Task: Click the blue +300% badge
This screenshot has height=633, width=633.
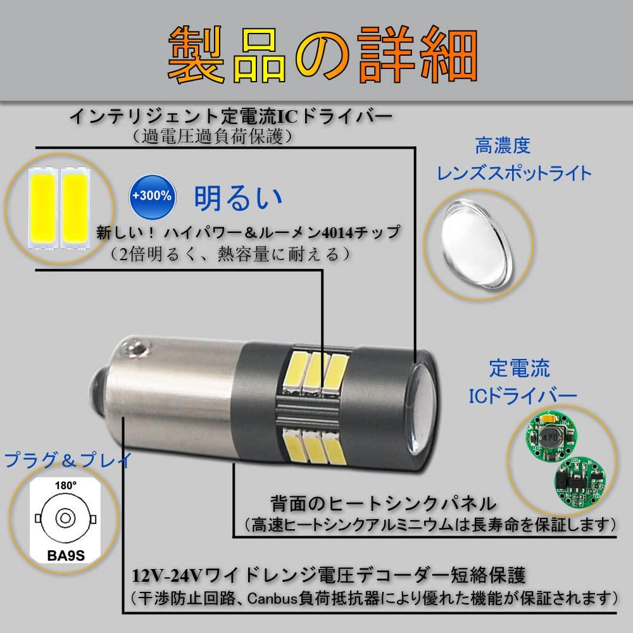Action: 152,197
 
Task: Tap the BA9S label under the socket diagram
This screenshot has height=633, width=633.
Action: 66,556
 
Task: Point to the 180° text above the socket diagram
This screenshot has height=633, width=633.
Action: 66,485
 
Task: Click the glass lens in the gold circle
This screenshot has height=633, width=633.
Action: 477,244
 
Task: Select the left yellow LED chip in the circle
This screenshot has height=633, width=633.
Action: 42,208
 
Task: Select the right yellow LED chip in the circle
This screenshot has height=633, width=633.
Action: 74,208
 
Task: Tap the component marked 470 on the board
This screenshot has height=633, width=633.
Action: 549,437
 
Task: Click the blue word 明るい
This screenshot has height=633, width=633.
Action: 238,197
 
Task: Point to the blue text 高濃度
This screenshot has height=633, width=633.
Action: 502,146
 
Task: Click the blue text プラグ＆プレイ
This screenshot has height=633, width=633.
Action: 68,460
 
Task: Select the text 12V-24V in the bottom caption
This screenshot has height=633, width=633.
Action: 166,575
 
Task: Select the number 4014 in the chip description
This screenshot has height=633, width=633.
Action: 329,233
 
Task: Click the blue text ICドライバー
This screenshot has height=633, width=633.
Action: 523,396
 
